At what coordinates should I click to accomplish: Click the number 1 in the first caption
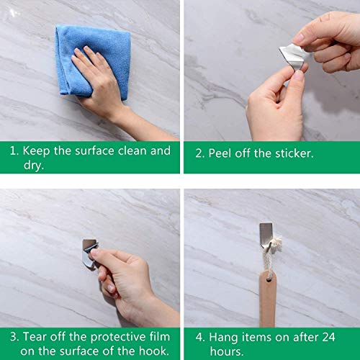click(x=12, y=151)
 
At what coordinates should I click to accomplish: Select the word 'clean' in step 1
click(x=134, y=151)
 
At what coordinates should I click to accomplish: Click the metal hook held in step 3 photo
click(x=89, y=253)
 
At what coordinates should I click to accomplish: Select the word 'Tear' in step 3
click(x=35, y=336)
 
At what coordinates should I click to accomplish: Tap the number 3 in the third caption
click(x=12, y=336)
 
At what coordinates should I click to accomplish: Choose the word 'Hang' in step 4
click(x=223, y=336)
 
